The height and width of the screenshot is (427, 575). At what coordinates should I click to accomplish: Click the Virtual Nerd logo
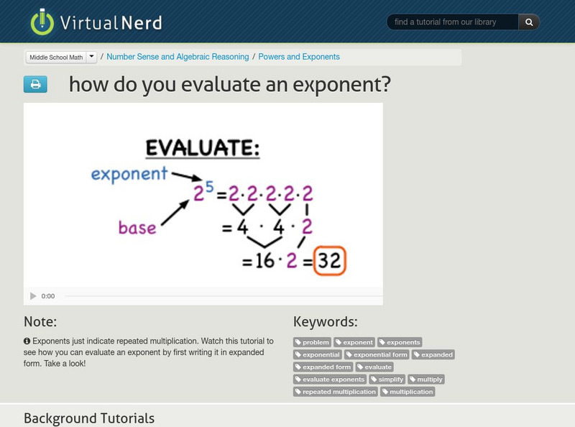96,22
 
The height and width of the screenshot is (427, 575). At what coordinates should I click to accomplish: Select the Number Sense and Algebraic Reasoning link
178,57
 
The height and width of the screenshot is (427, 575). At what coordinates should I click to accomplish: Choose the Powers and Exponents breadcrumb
299,57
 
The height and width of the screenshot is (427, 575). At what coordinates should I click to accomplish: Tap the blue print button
35,85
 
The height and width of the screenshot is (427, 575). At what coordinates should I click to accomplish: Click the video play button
33,296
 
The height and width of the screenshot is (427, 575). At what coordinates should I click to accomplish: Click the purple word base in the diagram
137,228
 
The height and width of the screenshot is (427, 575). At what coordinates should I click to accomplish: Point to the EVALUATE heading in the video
203,148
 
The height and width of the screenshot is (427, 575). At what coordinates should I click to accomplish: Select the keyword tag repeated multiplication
336,392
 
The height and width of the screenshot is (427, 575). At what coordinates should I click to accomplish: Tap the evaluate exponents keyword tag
330,379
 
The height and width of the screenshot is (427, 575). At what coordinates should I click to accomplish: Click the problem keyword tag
313,342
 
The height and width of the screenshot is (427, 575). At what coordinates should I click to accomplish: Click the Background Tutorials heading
89,418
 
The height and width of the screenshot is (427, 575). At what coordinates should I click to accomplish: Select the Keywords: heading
325,321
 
